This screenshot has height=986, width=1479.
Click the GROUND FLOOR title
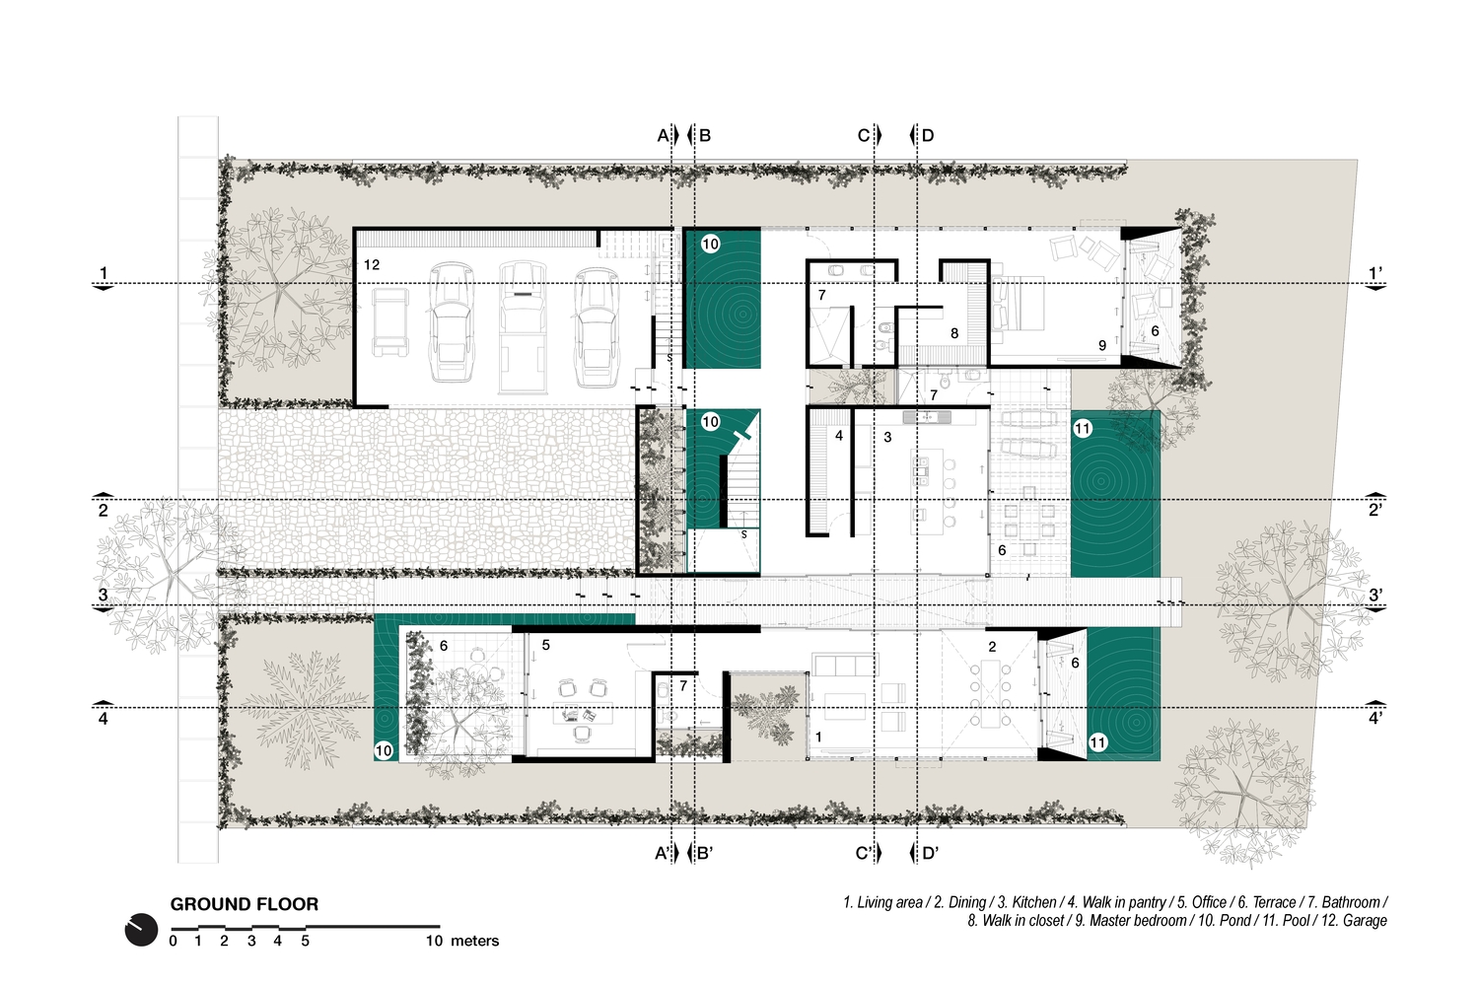tap(245, 904)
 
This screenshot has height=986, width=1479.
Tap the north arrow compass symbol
tap(141, 930)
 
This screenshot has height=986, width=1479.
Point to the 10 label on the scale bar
tap(434, 941)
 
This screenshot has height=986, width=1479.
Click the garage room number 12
tap(372, 265)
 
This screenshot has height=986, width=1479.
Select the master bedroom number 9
tap(1102, 345)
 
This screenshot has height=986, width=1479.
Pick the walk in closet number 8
tap(954, 333)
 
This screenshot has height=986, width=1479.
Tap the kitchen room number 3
tap(887, 437)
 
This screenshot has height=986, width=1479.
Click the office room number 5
tap(545, 645)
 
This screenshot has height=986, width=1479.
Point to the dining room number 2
tap(992, 647)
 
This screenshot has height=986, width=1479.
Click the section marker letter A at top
tap(663, 135)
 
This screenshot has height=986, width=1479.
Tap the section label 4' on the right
tap(1375, 718)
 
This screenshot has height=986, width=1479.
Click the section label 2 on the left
tap(103, 511)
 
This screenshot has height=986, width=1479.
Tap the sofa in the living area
tap(845, 665)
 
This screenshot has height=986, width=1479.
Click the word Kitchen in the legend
tap(1034, 902)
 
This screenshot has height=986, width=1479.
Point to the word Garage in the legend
tap(1365, 921)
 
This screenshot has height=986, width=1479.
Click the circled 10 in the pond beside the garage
tap(710, 245)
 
